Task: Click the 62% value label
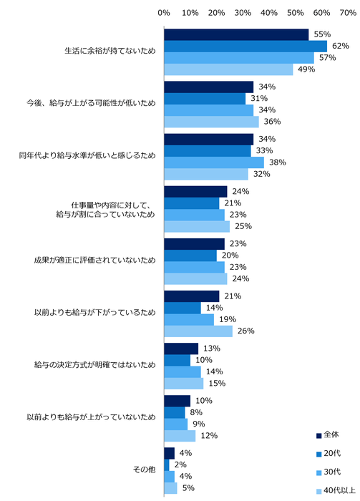coord(341,46)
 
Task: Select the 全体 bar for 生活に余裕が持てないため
coord(236,34)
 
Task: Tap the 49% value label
coord(307,69)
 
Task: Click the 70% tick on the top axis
coord(347,12)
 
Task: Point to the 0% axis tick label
coord(164,12)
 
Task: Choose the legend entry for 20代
coord(330,453)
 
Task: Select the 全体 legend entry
coord(330,434)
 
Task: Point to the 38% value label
coord(278,162)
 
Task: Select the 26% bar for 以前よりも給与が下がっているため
coord(198,331)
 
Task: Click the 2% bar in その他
coord(166,465)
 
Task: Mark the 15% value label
coord(217,384)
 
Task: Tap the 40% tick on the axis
coord(268,12)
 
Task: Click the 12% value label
coord(209,436)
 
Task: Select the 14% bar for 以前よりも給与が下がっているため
coord(183,308)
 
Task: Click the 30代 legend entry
coord(330,472)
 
